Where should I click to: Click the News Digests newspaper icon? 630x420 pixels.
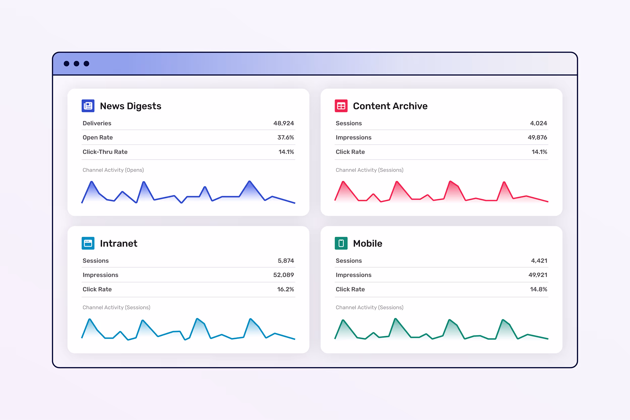point(88,106)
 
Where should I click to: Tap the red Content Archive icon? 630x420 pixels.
point(341,106)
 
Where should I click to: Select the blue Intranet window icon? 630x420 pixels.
point(88,243)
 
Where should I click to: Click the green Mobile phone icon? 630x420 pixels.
point(341,243)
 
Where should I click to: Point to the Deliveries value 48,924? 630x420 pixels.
point(283,123)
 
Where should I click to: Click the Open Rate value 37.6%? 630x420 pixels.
point(286,137)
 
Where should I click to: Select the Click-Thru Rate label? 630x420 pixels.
point(105,152)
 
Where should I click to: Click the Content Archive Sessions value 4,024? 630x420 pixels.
point(538,123)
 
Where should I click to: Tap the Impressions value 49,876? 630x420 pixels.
point(537,137)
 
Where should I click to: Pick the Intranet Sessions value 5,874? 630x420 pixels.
point(286,261)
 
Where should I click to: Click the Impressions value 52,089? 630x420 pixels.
point(283,275)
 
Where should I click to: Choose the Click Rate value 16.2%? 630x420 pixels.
point(285,289)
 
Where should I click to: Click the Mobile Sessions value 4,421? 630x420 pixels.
point(539,261)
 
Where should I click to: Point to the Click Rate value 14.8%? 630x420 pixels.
point(538,289)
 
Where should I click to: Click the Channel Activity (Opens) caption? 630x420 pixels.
point(113,170)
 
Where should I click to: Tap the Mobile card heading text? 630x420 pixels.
point(367,243)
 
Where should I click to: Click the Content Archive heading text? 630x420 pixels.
point(390,106)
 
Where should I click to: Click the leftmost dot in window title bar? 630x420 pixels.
point(67,63)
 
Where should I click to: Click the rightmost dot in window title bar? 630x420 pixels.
point(86,63)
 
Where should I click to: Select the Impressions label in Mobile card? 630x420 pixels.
point(353,275)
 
